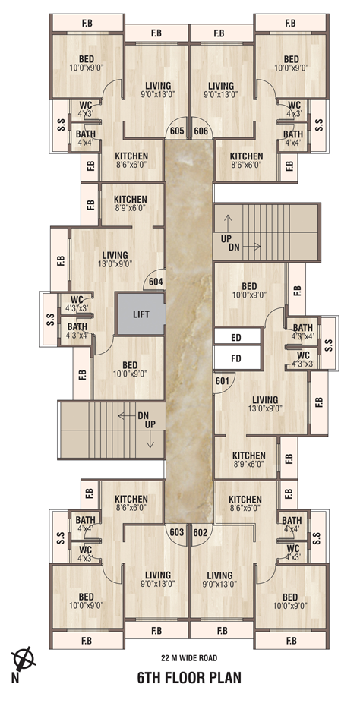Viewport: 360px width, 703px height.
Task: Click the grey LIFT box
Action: pyautogui.click(x=141, y=314)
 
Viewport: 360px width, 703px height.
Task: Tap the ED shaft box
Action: pyautogui.click(x=237, y=337)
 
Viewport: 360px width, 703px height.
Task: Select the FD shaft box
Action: pyautogui.click(x=237, y=358)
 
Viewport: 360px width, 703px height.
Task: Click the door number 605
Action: pyautogui.click(x=177, y=131)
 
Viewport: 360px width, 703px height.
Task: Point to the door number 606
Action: pyautogui.click(x=201, y=131)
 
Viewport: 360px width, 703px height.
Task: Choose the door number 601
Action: pyautogui.click(x=223, y=381)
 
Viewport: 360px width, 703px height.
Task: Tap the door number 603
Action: pyautogui.click(x=177, y=532)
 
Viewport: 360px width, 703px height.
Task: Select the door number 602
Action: pyautogui.click(x=201, y=532)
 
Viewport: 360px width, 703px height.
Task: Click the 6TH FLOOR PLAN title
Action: pyautogui.click(x=189, y=677)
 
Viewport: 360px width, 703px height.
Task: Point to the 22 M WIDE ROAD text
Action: pyautogui.click(x=189, y=658)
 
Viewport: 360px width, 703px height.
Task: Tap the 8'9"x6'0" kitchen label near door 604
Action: pyautogui.click(x=130, y=208)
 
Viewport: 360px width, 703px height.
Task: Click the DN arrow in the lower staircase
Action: pyautogui.click(x=128, y=415)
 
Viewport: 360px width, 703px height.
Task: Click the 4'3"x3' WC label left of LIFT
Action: pyautogui.click(x=77, y=307)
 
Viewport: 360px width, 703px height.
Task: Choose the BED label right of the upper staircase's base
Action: pyautogui.click(x=249, y=286)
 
